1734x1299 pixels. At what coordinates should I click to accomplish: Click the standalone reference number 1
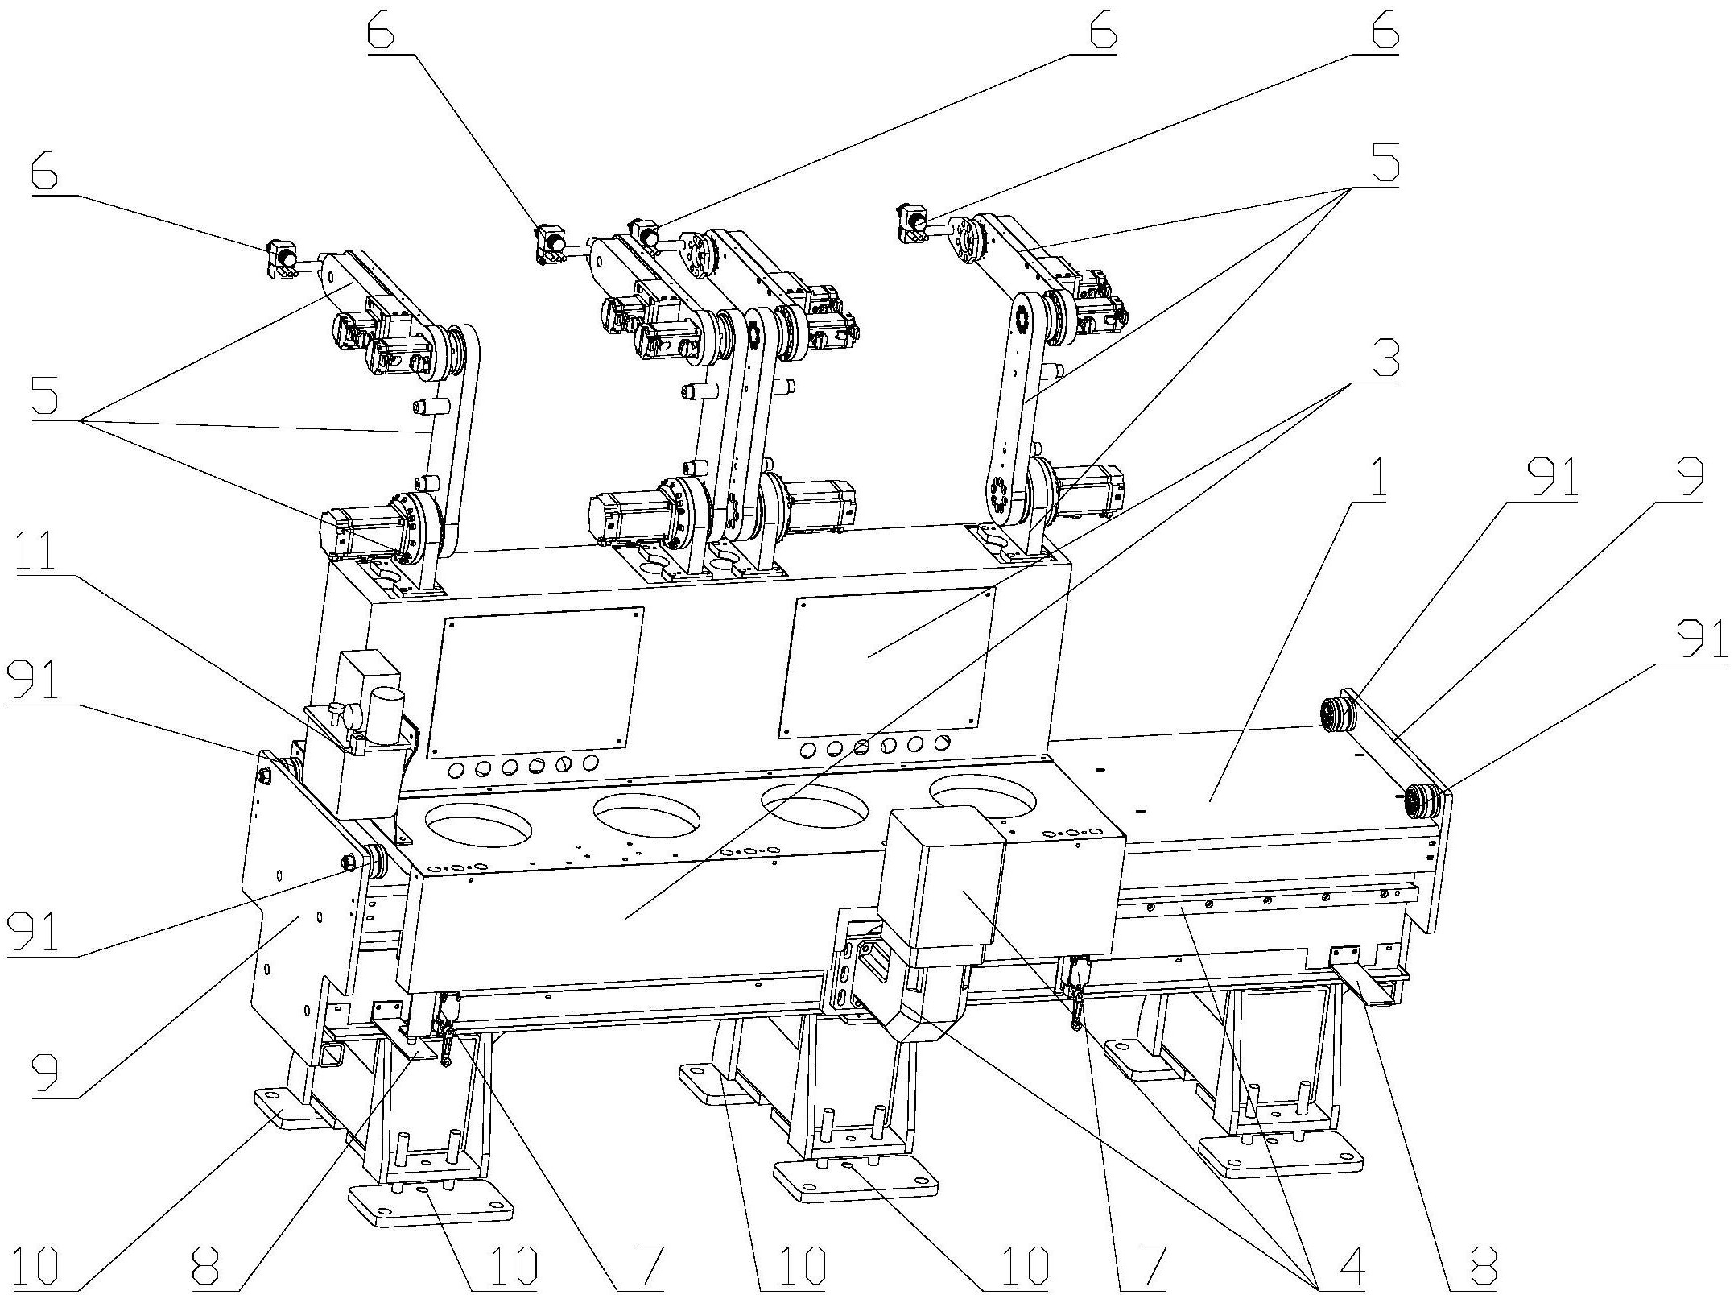coord(1376,480)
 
